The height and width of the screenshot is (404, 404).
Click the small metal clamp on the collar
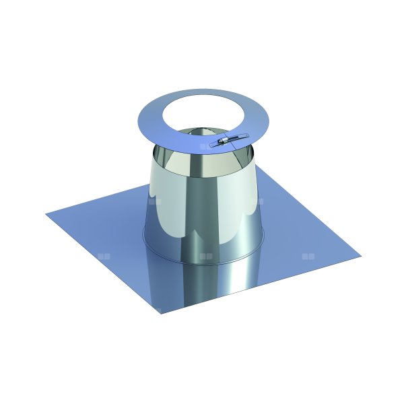(225, 141)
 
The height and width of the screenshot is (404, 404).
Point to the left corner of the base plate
(47, 215)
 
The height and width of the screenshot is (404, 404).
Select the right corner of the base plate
(360, 257)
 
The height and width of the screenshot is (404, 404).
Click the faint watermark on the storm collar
(205, 144)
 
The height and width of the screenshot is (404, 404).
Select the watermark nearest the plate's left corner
(103, 256)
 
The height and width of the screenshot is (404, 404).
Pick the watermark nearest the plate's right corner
(308, 257)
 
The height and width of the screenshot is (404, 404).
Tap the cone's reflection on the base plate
(202, 283)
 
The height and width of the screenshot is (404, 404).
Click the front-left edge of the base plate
(101, 263)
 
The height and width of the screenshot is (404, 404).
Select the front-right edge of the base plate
(263, 284)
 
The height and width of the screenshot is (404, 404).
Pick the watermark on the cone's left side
(154, 201)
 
